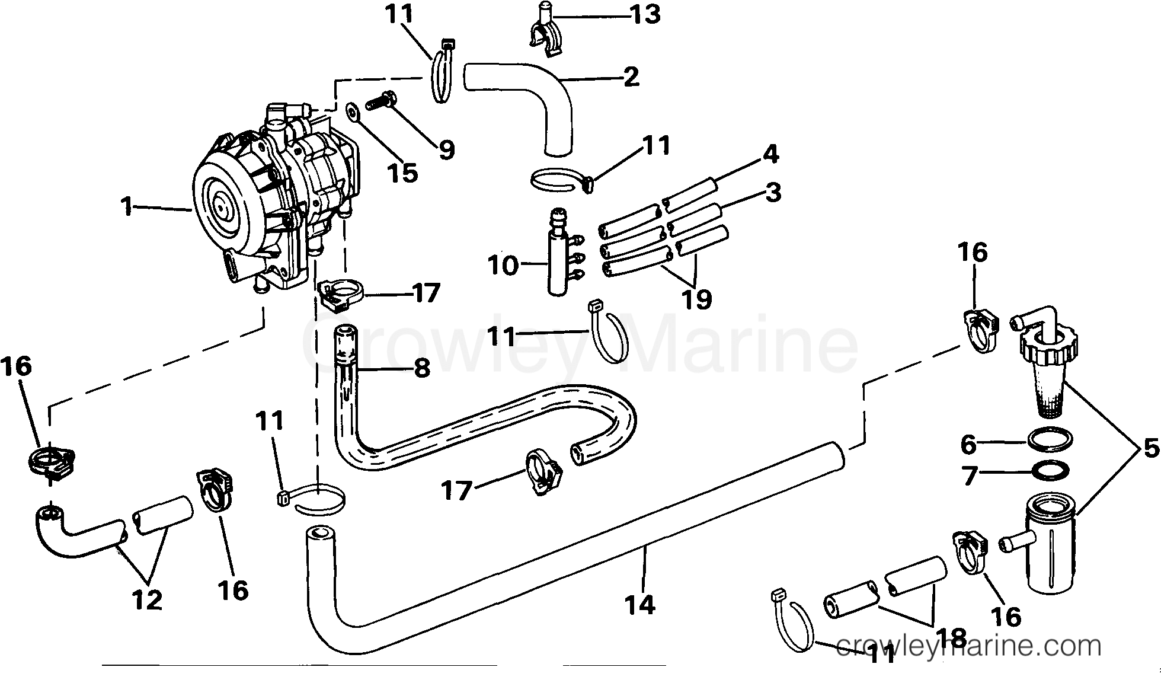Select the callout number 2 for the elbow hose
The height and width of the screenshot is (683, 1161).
click(631, 76)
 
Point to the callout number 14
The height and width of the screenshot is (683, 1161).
click(639, 605)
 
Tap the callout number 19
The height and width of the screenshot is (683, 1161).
click(696, 299)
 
